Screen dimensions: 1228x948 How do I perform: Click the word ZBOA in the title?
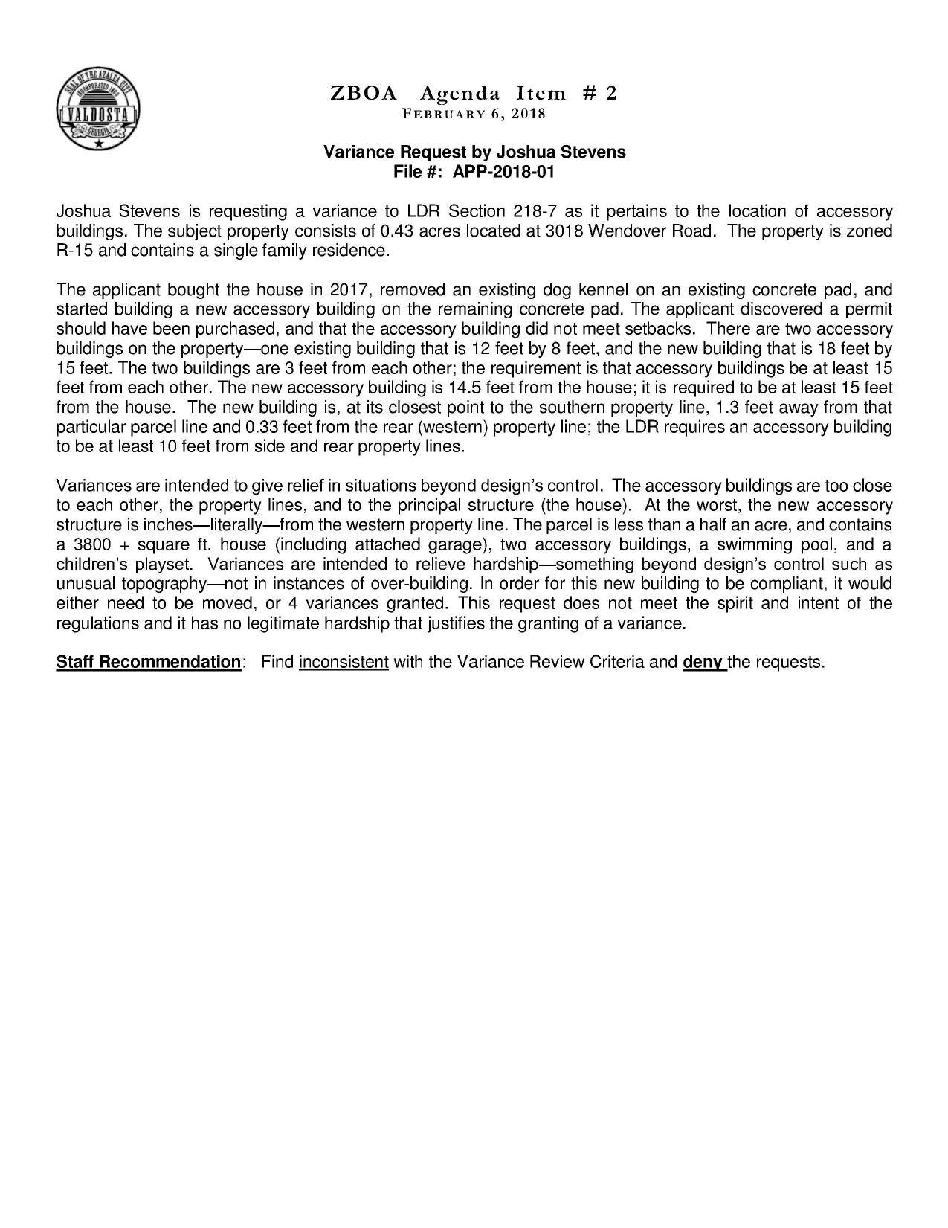click(x=364, y=94)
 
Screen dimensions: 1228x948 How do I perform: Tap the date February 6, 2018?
click(x=474, y=114)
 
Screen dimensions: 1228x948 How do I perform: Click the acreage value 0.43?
click(x=398, y=231)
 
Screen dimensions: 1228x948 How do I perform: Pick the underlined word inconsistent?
click(x=344, y=662)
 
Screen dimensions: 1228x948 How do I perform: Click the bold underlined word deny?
click(x=703, y=662)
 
